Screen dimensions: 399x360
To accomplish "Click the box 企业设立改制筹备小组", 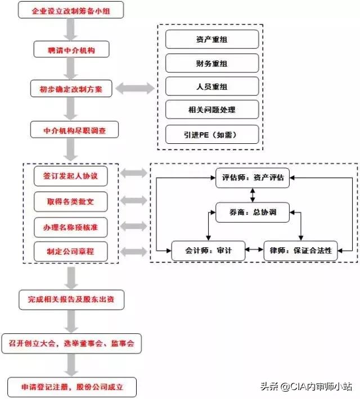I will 70,11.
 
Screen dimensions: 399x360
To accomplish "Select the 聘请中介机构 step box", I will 71,50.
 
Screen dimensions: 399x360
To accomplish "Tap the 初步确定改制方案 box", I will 71,89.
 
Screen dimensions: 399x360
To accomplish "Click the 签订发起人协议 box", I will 70,176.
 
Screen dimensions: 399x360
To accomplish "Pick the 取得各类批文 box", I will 70,201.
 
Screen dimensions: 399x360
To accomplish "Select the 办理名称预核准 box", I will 70,226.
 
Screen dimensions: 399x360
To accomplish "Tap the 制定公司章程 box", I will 70,251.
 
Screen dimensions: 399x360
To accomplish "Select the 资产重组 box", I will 212,39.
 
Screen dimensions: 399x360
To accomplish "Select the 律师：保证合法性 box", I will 301,251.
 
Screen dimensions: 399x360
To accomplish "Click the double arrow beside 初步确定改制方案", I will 135,88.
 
